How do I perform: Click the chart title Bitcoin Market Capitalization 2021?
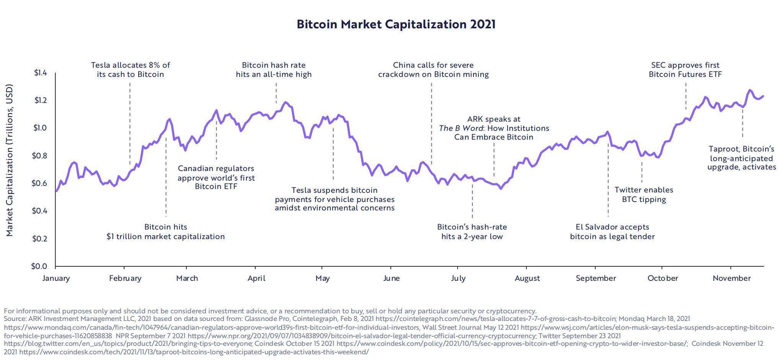coord(396,24)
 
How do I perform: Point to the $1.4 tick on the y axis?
coord(40,73)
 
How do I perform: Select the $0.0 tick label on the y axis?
coord(39,266)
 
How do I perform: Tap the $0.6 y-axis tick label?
coord(39,183)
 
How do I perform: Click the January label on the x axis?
coord(56,278)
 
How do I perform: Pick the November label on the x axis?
coord(731,278)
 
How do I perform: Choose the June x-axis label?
coord(391,278)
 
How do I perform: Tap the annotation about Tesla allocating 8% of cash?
coord(130,70)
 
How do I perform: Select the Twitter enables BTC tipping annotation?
coord(644,194)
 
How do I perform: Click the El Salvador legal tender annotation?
coord(612,231)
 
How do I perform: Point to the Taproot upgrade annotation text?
coord(741,158)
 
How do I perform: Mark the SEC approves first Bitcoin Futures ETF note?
coord(685,70)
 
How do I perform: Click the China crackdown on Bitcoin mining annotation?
coord(433,70)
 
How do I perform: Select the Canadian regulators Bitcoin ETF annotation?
coord(216,177)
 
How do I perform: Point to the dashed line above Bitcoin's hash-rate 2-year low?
coord(472,201)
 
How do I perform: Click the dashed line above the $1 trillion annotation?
coord(166,176)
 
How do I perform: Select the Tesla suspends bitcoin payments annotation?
coord(335,199)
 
